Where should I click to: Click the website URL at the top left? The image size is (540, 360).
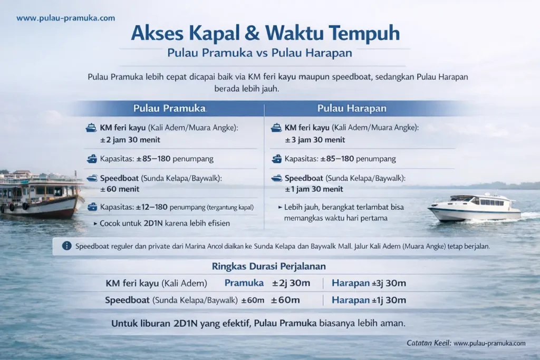point(65,18)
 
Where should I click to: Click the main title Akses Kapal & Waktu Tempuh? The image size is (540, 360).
point(265,33)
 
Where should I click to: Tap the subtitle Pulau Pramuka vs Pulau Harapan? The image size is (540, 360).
point(259,53)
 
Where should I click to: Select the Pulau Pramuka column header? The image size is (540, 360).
point(169,109)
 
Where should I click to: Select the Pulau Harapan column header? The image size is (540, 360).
point(352,109)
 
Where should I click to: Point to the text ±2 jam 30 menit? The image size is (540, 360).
point(130,140)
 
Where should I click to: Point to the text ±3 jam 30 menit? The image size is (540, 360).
point(315,140)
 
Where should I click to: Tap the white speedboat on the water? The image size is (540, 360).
point(475,208)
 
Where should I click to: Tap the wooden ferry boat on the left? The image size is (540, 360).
point(40,195)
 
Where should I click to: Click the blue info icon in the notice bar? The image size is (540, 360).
point(67,246)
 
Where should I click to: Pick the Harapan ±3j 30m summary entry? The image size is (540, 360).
point(369,283)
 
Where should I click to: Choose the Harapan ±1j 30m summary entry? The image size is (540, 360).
point(369,300)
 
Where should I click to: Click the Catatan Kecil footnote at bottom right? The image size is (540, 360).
point(466,343)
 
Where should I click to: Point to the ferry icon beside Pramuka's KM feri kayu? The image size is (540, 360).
point(91,128)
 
